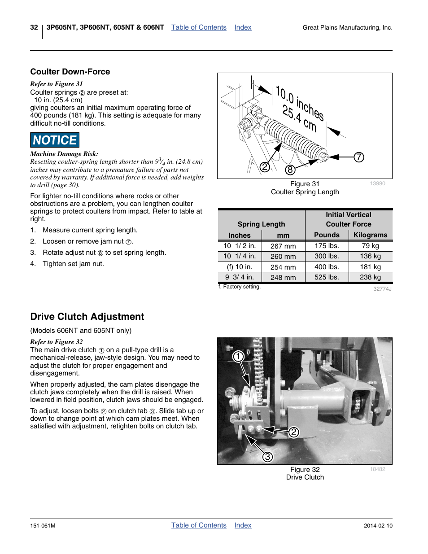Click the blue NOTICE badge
point(55,140)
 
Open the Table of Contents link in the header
point(199,27)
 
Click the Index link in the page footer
point(243,525)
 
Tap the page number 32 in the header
point(34,27)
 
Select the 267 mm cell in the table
point(283,246)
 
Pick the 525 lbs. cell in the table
point(327,277)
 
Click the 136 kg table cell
point(370,256)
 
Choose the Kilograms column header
point(370,235)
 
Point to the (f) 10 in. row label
point(240,267)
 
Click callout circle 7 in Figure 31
point(359,157)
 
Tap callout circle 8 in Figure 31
point(290,170)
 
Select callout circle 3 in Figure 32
point(267,457)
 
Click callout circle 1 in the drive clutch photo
point(238,357)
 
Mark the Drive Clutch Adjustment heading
point(87,317)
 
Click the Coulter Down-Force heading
point(70,72)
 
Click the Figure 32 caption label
point(305,470)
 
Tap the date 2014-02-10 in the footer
point(378,526)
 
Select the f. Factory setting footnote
point(239,287)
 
